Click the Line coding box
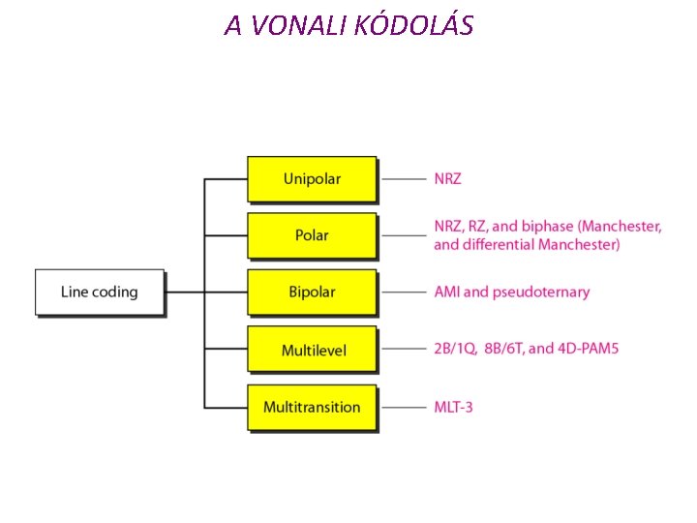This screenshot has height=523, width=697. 99,292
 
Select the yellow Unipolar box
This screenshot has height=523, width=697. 312,179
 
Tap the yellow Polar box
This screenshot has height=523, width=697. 312,235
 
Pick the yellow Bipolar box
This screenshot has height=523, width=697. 312,292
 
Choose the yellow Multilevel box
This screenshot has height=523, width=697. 312,350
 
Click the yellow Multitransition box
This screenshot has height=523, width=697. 312,407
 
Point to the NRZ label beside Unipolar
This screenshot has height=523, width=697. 448,179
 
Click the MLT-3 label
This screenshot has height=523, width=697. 454,407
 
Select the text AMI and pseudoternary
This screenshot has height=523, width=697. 511,292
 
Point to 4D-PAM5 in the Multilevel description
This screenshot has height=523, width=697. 588,350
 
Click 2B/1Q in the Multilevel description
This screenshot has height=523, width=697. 455,350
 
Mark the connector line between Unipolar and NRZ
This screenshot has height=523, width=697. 403,179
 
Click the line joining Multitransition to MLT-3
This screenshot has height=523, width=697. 403,407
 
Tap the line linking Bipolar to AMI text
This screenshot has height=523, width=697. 403,292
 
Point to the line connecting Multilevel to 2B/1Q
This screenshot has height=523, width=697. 403,350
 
